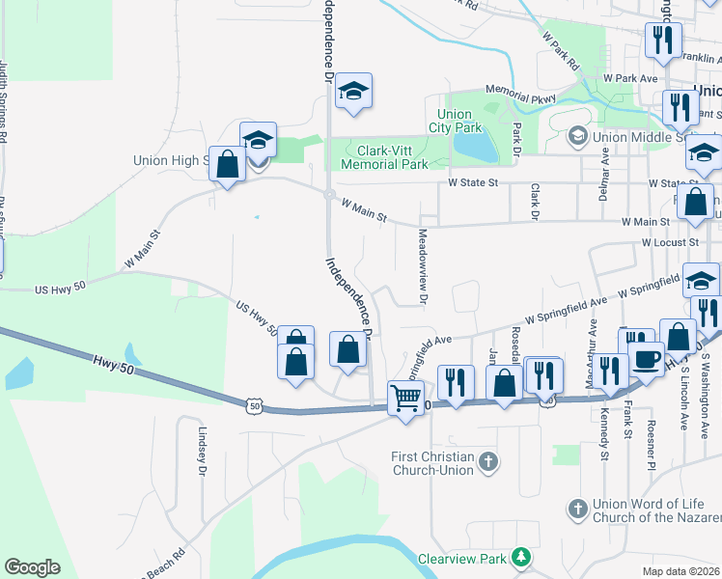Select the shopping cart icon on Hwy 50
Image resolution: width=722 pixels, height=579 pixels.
tap(405, 396)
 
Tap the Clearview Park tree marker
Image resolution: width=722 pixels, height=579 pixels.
tap(521, 557)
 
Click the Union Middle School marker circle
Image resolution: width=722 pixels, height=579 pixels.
tap(578, 137)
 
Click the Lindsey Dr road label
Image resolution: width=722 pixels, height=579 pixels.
tap(203, 452)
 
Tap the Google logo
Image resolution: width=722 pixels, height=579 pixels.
tap(32, 567)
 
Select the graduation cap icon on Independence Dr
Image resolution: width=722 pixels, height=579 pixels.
tap(354, 91)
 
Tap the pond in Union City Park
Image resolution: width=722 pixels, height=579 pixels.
tap(475, 145)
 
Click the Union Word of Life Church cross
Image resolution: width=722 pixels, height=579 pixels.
tap(578, 508)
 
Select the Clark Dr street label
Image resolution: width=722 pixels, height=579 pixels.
tap(533, 201)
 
